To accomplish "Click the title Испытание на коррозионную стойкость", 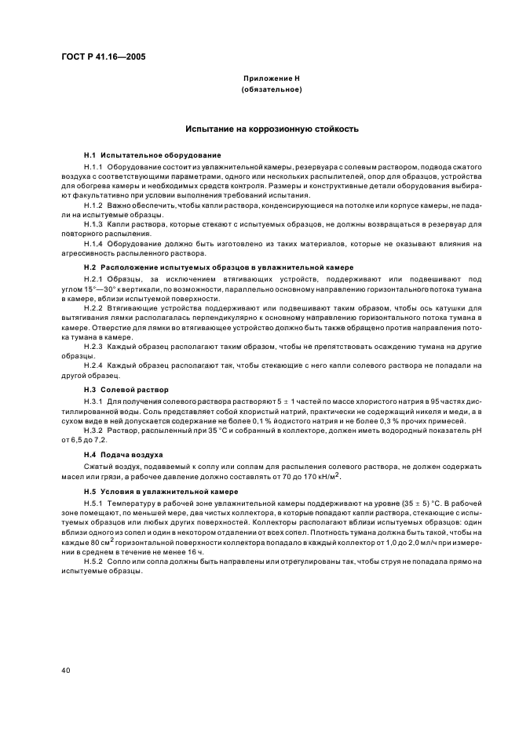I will tap(272, 128).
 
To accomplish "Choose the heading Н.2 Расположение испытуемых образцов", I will tap(218, 267).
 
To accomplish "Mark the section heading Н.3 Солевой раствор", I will tap(126, 389).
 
